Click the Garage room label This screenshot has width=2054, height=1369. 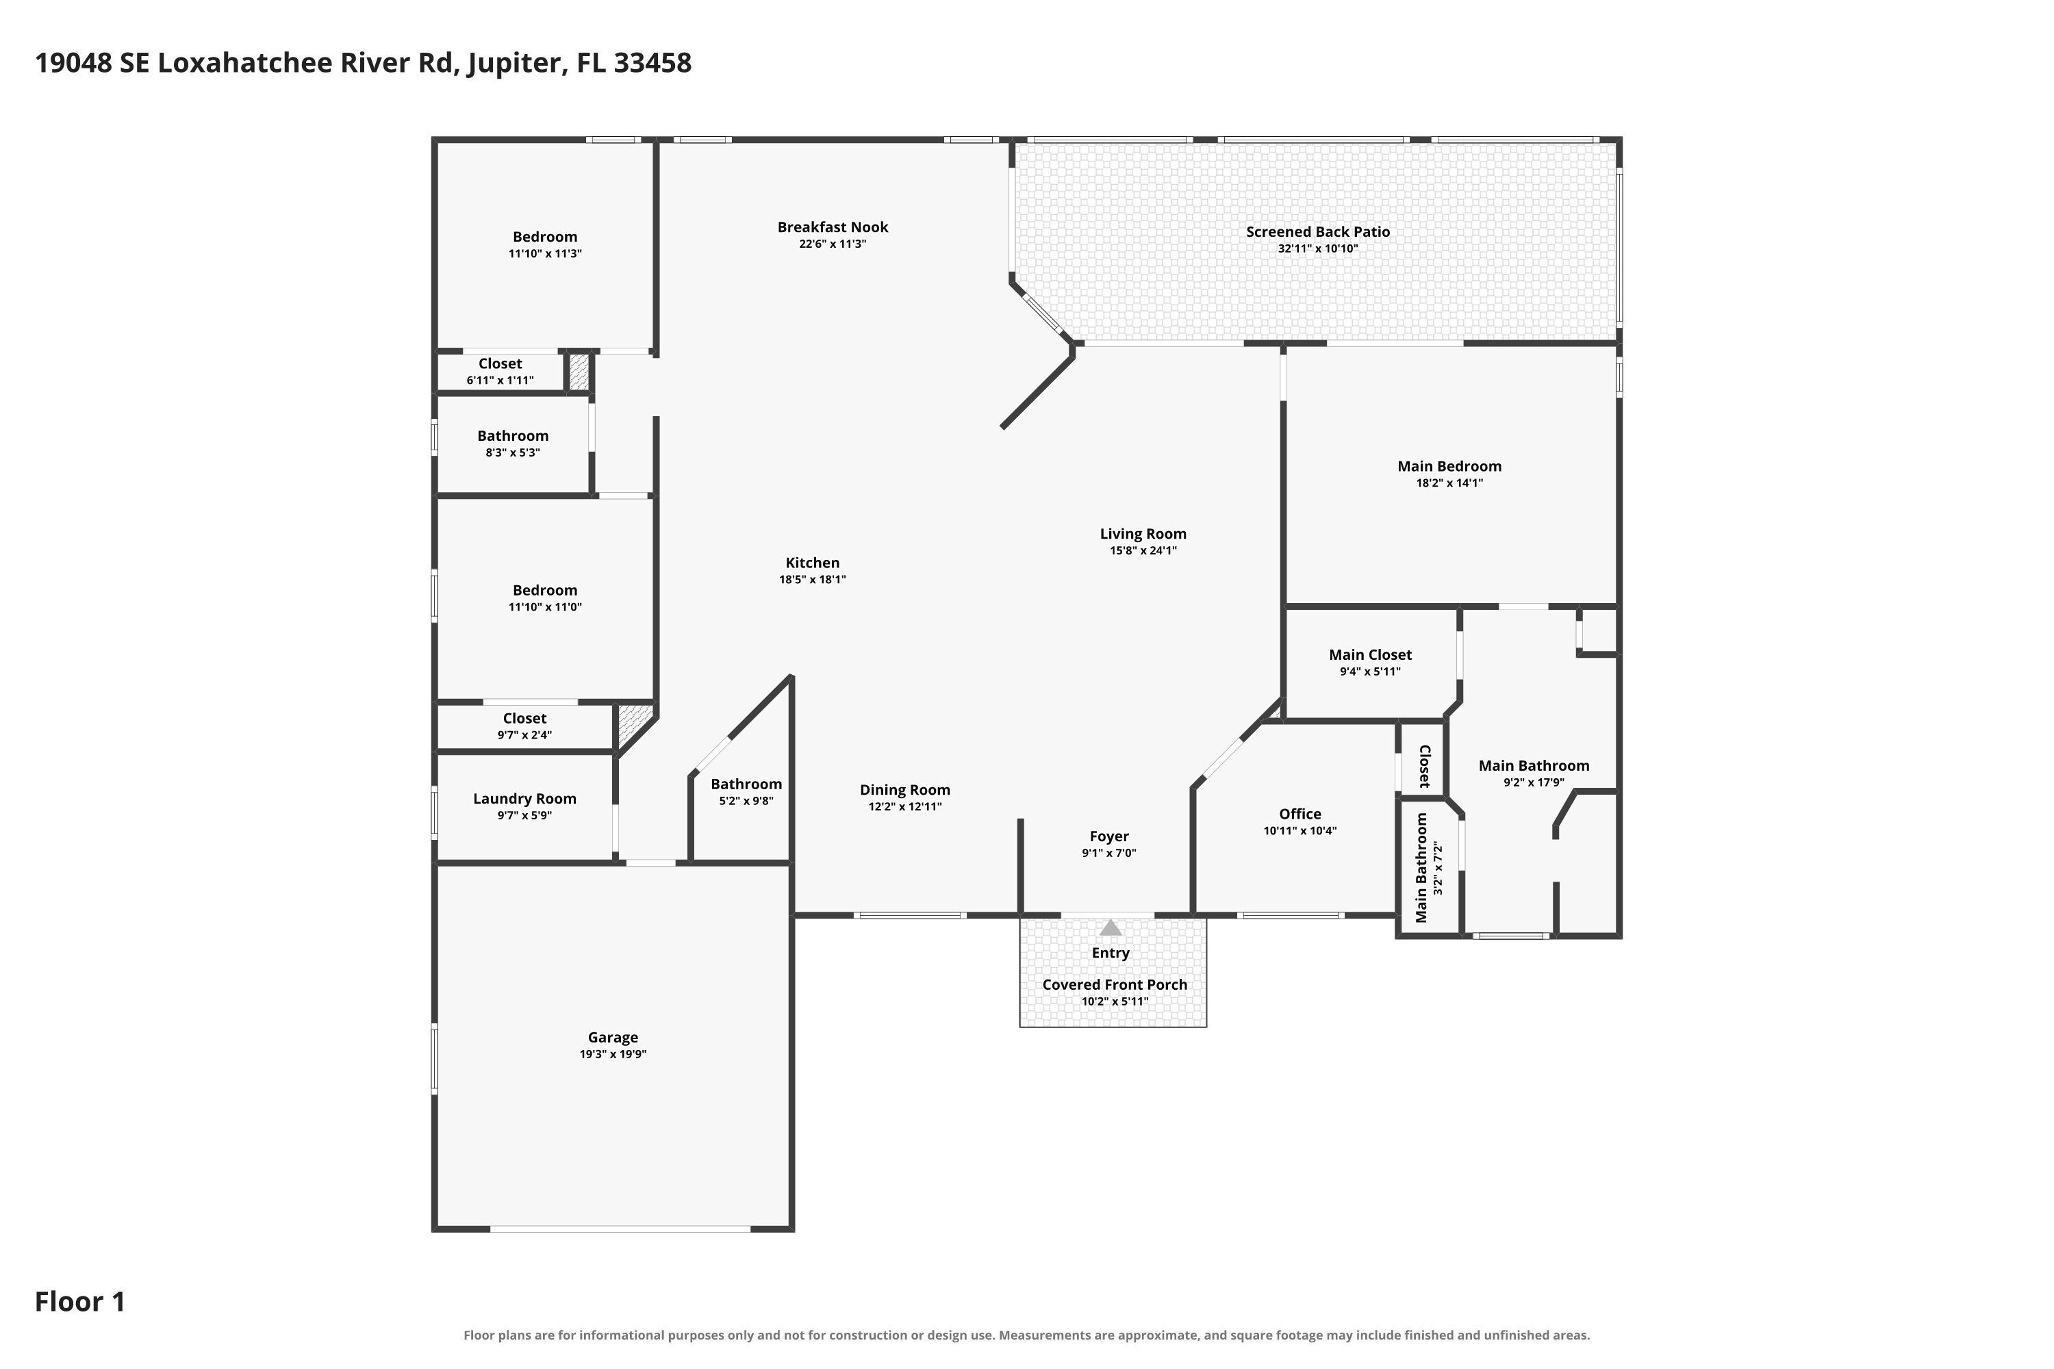tap(612, 1037)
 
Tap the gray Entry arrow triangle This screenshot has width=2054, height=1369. tap(1110, 928)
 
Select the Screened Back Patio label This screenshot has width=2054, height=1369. tap(1318, 231)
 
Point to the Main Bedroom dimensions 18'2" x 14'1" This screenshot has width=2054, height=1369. tap(1449, 483)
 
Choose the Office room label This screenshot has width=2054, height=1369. tap(1299, 814)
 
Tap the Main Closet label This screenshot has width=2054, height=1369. tap(1370, 655)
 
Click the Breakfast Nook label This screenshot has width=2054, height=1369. tap(833, 227)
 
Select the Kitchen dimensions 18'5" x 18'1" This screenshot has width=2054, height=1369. tap(812, 580)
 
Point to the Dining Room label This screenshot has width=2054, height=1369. tap(904, 790)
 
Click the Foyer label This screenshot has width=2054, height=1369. tap(1109, 836)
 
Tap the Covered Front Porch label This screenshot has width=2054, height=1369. tap(1115, 985)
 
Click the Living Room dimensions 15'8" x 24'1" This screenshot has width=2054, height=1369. tap(1143, 551)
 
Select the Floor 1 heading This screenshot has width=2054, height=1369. tap(80, 1302)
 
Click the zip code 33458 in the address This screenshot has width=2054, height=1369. tap(652, 63)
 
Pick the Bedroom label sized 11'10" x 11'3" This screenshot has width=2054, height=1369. tap(545, 237)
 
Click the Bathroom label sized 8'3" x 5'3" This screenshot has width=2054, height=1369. tap(513, 435)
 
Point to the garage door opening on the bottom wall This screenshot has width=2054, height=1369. tap(620, 1229)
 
